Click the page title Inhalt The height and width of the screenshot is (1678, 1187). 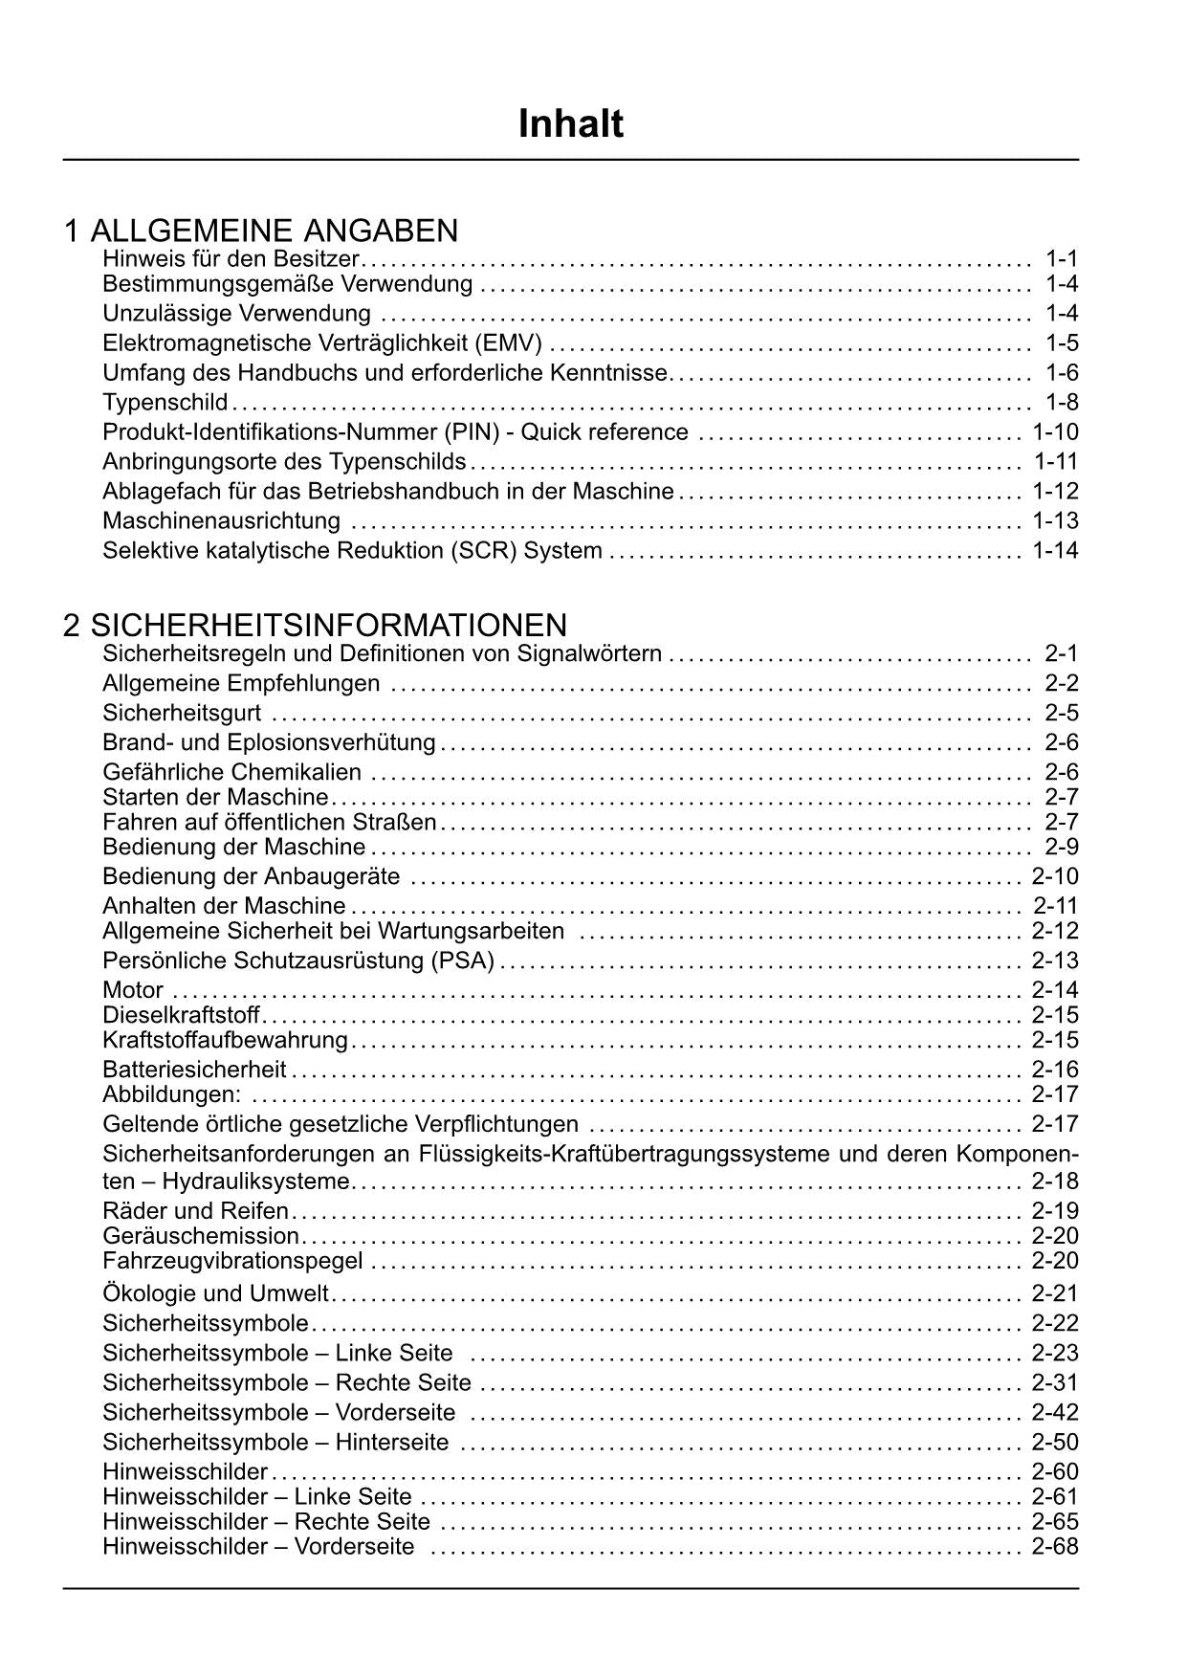coord(571,124)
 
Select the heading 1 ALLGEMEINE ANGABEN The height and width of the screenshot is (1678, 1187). coord(260,231)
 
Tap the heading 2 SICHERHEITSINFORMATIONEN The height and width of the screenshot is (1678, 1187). coord(315,626)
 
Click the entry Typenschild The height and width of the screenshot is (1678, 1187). coord(165,402)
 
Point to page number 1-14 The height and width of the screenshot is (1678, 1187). coord(1055,551)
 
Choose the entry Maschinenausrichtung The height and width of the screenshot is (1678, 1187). coord(221,521)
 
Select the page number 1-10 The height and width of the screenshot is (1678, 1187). coord(1055,432)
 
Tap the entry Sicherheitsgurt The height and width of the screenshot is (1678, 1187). coord(182,714)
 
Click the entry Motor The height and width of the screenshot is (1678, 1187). coord(133,990)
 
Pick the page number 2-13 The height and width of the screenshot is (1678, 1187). coord(1055,960)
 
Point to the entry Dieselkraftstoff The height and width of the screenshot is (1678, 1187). coord(181,1015)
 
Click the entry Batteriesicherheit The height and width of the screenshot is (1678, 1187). coord(194,1070)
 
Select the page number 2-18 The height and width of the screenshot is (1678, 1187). coord(1055,1181)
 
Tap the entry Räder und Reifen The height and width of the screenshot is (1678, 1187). coord(195,1211)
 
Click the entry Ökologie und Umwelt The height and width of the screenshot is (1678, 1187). coord(215,1294)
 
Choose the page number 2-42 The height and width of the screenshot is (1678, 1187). coord(1055,1413)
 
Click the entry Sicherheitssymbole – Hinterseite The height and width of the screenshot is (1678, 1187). coord(275,1443)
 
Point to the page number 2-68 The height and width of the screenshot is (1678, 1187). coord(1055,1547)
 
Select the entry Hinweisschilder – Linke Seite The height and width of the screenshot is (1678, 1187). coord(257,1497)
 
